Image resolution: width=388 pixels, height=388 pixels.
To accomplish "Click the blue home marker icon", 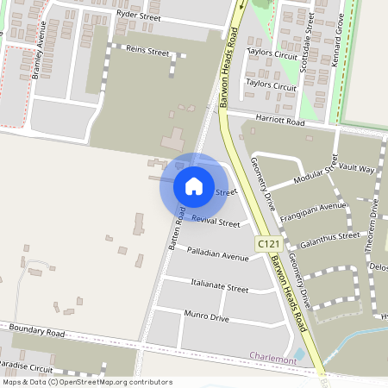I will (194, 186).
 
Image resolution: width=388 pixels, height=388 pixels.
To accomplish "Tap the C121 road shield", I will (266, 247).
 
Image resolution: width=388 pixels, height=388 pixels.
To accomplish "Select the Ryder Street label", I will (139, 15).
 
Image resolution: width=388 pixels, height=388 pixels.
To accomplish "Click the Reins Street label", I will (147, 52).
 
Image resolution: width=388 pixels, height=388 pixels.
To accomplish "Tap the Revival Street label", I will (216, 222).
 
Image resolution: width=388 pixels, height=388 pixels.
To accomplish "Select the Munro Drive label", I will (207, 318).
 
